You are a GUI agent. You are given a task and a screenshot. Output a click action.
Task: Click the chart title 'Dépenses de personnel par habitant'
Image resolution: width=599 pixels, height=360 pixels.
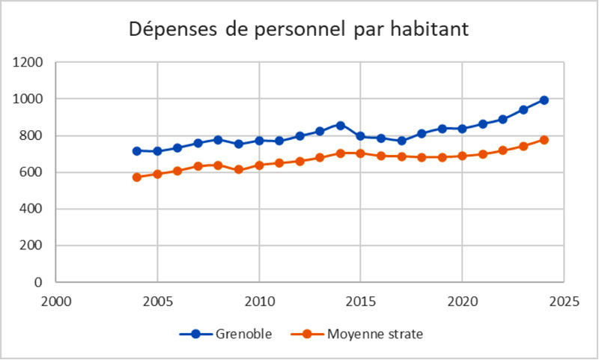(299, 31)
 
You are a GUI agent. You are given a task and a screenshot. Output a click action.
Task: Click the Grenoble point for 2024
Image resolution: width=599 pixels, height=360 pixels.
(544, 100)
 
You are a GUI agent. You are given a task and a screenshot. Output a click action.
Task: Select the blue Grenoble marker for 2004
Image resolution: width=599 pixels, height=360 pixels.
(137, 150)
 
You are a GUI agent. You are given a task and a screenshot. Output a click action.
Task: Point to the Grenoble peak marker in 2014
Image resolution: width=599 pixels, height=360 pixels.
(340, 125)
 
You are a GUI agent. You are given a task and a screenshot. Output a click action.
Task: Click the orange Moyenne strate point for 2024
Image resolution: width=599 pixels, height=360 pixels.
(544, 139)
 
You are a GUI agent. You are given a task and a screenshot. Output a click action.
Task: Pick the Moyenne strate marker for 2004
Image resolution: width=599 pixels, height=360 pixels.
(137, 177)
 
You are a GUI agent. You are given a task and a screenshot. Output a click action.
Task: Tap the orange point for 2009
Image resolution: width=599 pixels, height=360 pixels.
(239, 170)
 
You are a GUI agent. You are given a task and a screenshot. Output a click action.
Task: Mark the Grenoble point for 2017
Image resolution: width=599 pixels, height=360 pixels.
(401, 141)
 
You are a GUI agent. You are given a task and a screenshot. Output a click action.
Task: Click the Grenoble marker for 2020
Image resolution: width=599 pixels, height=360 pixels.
(462, 129)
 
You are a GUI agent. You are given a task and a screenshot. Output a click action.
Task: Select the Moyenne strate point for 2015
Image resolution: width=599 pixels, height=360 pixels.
(360, 153)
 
